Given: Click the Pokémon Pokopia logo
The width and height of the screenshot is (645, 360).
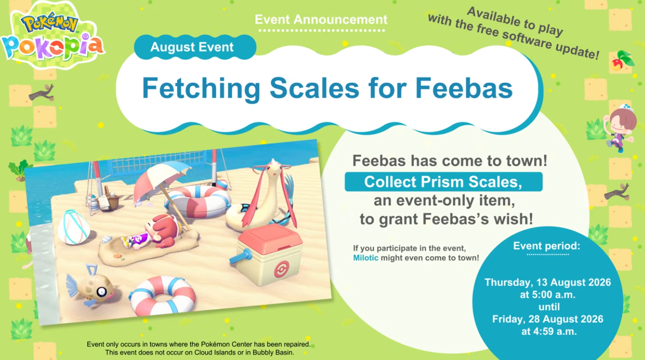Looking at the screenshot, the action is point(53,36).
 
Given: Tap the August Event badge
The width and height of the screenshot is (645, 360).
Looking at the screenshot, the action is point(195,47).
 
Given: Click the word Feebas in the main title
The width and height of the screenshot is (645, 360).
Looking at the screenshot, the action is point(464,88).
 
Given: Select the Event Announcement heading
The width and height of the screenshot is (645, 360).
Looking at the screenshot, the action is point(321,20).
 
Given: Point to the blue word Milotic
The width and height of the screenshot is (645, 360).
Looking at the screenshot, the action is point(365,257).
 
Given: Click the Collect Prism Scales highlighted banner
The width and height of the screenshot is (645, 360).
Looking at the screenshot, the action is point(444,182).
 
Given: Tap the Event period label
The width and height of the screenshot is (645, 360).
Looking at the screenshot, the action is point(547,246).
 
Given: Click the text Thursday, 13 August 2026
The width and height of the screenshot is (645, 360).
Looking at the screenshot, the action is point(548,282).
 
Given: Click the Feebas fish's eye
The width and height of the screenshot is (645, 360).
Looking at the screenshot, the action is point(102,292).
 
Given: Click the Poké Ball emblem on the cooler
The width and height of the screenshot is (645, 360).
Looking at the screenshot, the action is point(281,269).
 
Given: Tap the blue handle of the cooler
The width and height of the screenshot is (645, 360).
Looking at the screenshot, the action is point(241,257).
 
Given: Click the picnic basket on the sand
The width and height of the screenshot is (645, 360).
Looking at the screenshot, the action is point(110,199).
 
